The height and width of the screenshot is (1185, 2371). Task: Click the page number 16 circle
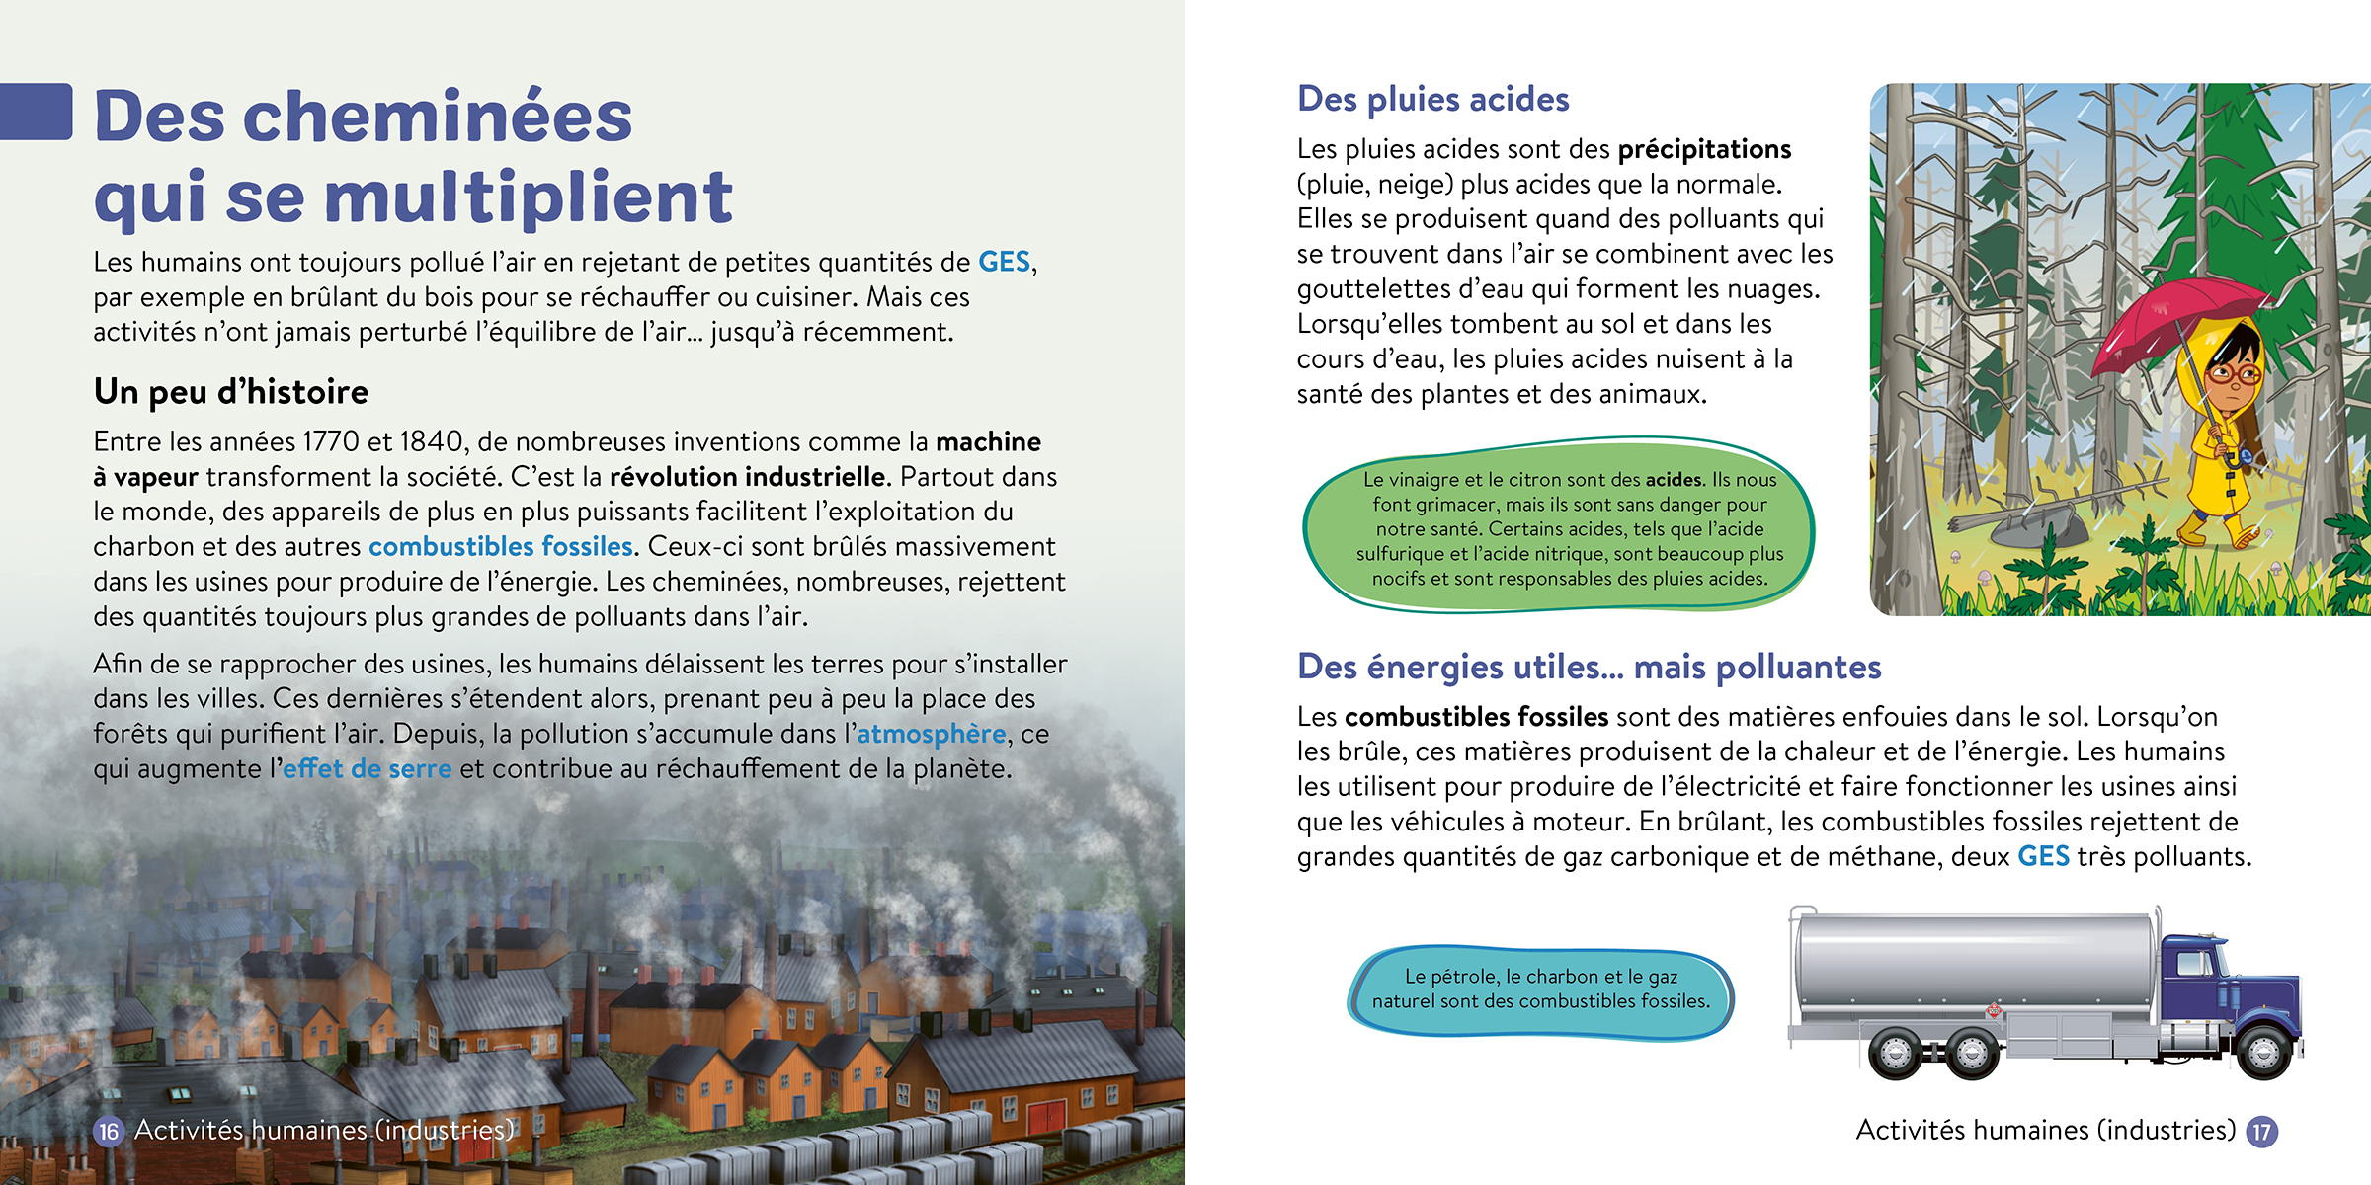tap(109, 1132)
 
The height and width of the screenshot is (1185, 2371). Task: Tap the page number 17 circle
tap(2262, 1132)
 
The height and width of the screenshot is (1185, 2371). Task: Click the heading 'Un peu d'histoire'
tap(230, 392)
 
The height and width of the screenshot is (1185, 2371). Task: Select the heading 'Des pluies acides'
tap(1432, 99)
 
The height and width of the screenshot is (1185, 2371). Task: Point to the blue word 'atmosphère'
tap(931, 734)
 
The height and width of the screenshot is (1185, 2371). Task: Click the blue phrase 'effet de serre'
tap(368, 769)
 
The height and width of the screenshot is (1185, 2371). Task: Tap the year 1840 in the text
tap(432, 441)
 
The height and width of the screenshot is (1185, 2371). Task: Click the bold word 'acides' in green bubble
tap(1674, 480)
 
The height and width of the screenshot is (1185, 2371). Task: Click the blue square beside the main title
tap(37, 112)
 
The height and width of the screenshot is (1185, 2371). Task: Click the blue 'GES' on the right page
tap(2043, 856)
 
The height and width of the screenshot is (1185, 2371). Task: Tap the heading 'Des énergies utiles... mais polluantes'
tap(1589, 667)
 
